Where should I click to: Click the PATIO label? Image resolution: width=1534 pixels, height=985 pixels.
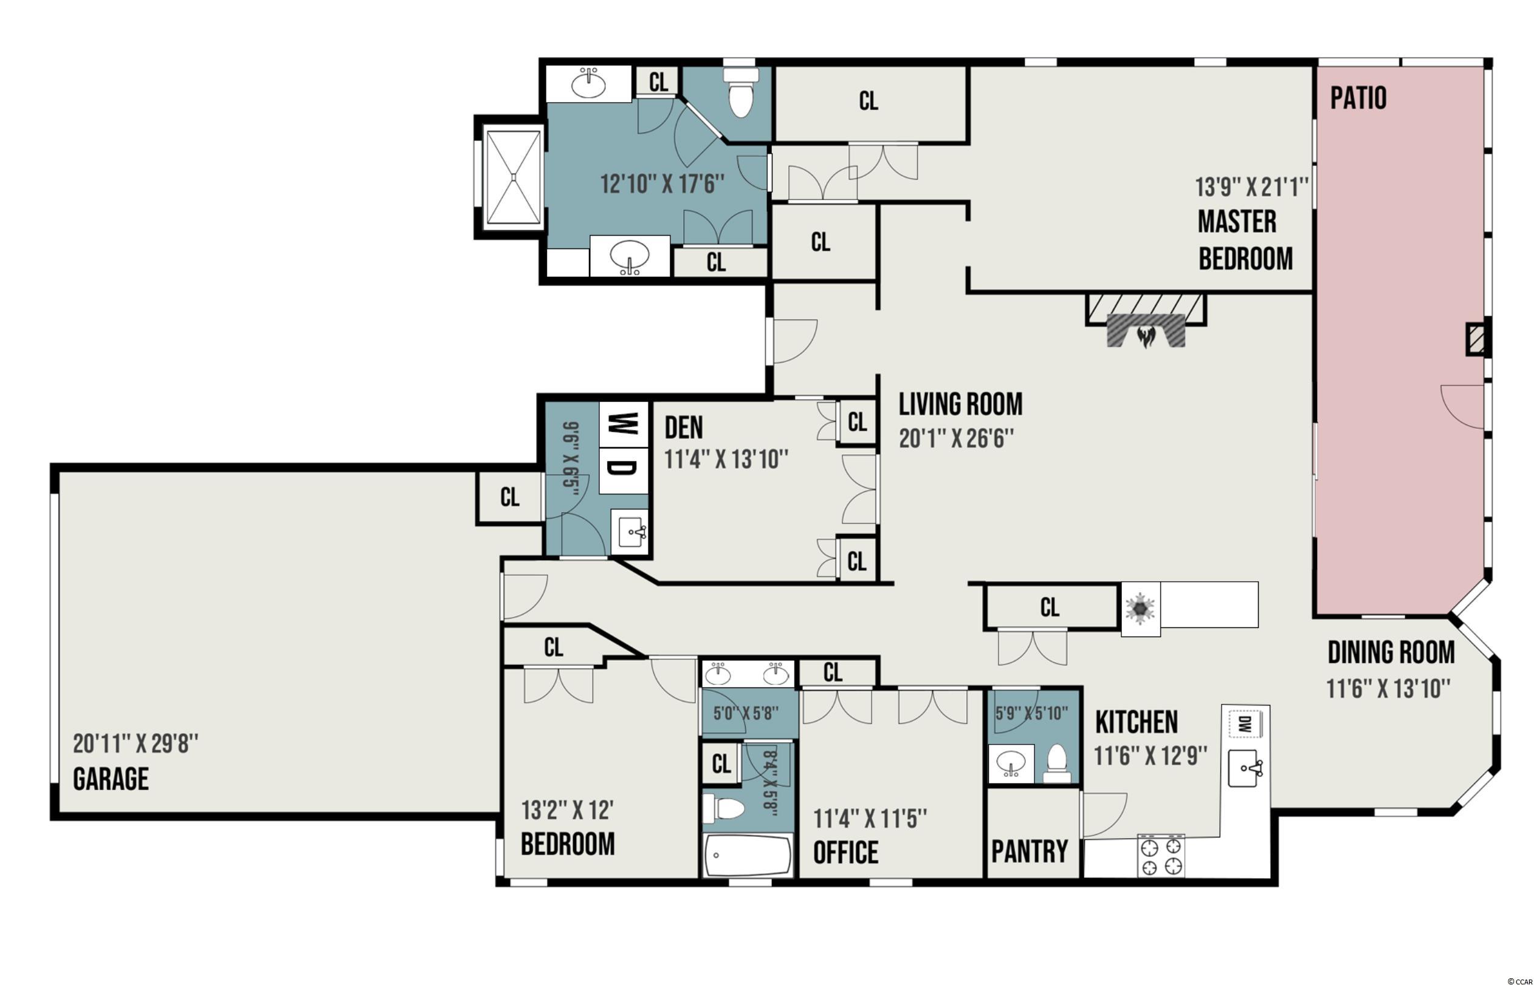pos(1358,98)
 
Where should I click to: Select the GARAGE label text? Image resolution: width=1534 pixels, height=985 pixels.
pos(111,779)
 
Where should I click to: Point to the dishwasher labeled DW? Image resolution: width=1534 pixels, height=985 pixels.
pos(1245,724)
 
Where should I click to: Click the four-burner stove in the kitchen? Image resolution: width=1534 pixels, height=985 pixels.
pos(1161,856)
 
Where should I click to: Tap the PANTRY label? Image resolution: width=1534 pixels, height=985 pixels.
pos(1030,851)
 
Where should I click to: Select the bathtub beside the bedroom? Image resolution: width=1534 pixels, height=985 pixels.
pos(748,856)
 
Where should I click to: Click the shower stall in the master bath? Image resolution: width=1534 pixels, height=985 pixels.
pos(512,177)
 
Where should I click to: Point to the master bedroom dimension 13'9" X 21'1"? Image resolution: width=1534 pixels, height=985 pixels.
pos(1251,187)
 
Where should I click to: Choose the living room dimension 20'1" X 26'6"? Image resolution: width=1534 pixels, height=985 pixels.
pos(956,439)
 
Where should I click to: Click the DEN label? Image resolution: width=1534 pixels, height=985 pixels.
pos(684,428)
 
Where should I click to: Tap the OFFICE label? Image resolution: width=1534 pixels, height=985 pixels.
pos(845,852)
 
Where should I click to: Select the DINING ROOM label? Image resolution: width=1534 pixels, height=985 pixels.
pos(1391,653)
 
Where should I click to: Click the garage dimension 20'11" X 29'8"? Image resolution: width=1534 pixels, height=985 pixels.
pos(136,744)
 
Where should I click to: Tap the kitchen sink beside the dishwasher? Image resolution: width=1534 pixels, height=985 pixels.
pos(1245,768)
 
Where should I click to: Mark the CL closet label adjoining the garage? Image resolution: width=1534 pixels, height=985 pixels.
pos(509,497)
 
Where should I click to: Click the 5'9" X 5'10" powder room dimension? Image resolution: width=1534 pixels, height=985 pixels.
pos(1031,714)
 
